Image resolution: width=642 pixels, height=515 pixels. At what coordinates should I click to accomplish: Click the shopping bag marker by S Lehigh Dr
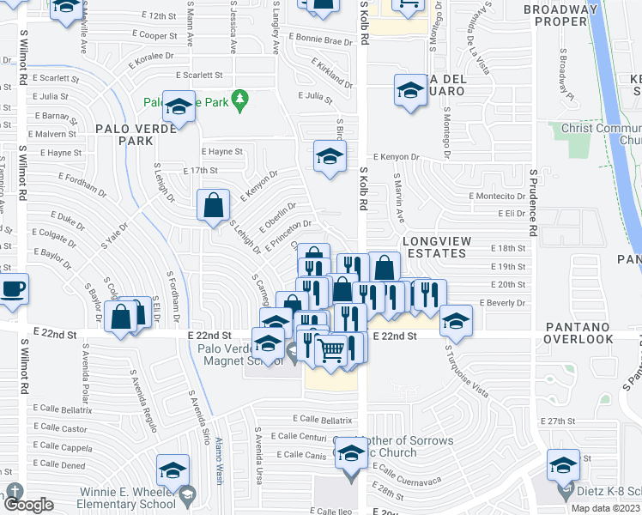tap(213, 206)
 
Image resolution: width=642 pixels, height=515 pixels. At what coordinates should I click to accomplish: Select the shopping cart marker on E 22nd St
tap(331, 348)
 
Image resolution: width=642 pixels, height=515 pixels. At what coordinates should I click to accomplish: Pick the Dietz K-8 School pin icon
tap(564, 492)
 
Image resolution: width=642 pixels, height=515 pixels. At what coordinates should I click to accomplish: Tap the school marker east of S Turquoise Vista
tap(456, 322)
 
